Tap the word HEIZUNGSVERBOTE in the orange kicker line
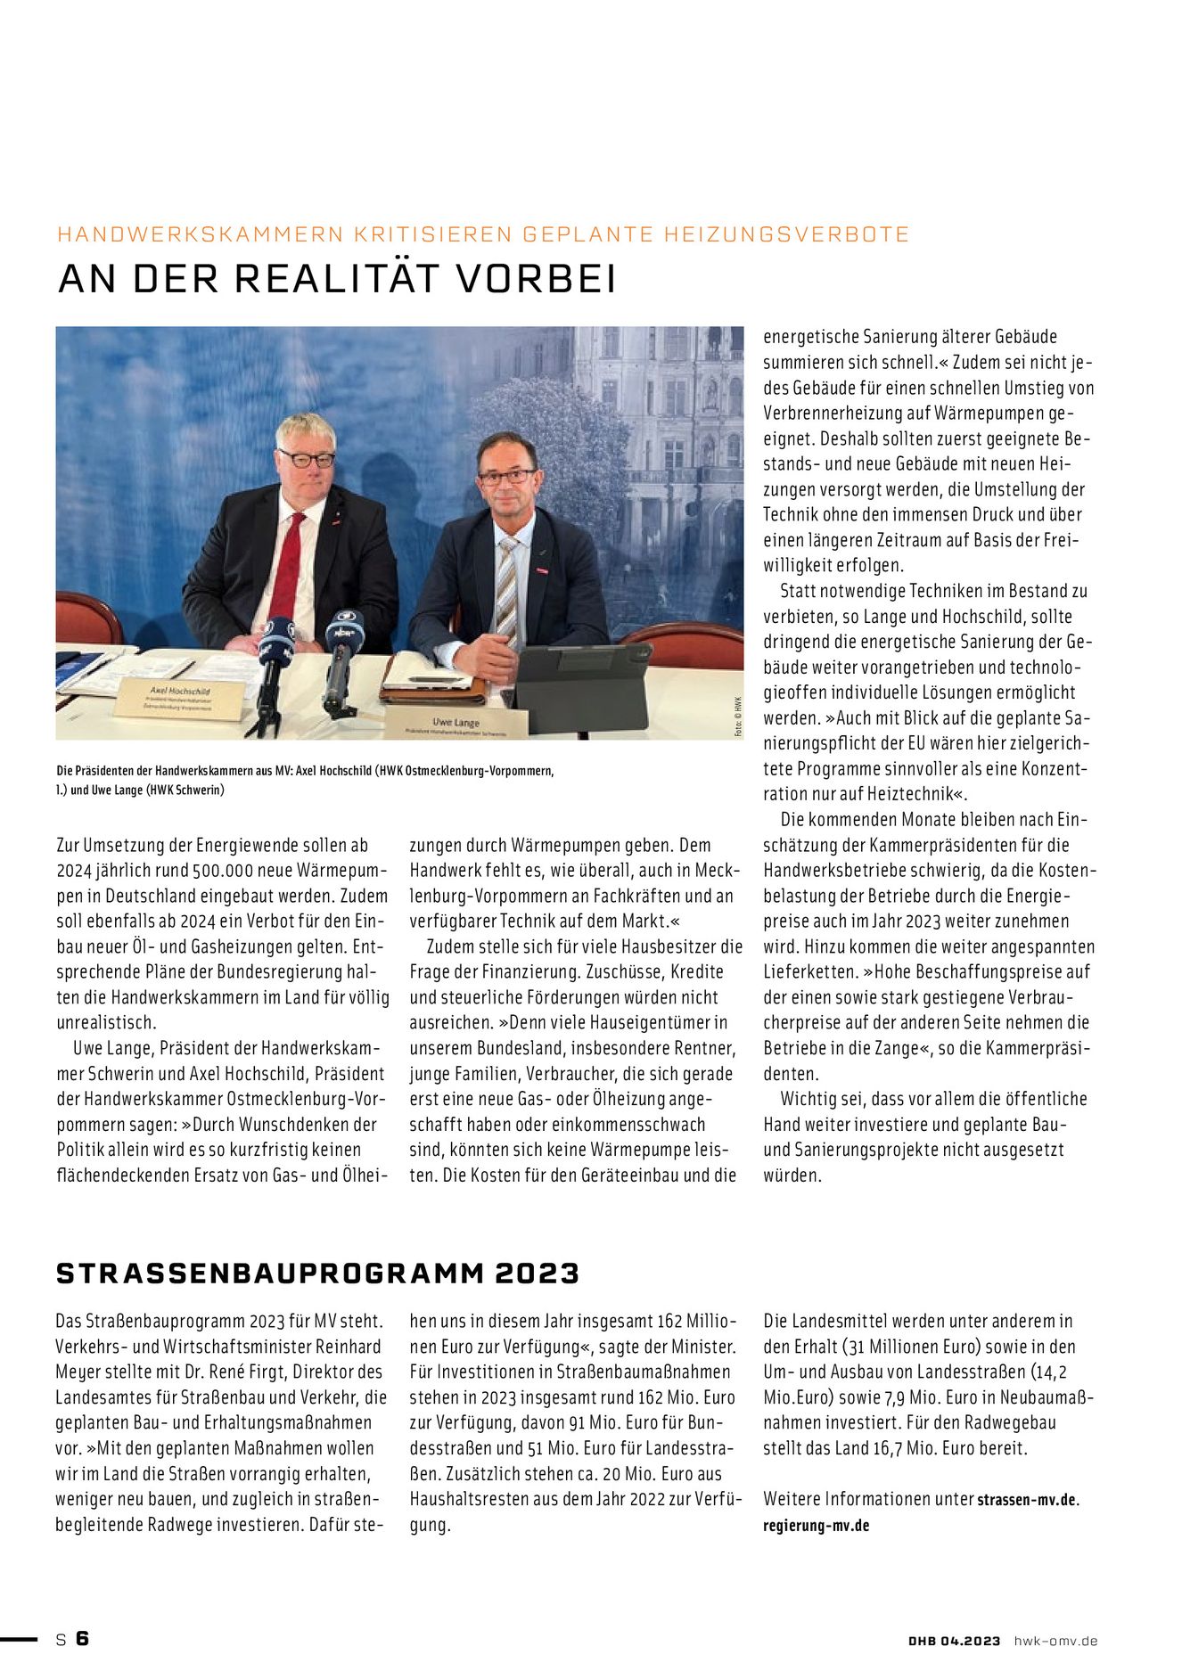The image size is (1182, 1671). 787,234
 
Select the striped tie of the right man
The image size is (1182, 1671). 506,589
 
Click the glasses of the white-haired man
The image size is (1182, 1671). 306,459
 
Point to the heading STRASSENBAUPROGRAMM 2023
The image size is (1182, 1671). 317,1273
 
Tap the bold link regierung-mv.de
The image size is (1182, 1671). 816,1525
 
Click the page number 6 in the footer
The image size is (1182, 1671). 83,1638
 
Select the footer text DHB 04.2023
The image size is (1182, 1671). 954,1641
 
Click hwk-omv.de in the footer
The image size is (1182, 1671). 1055,1641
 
